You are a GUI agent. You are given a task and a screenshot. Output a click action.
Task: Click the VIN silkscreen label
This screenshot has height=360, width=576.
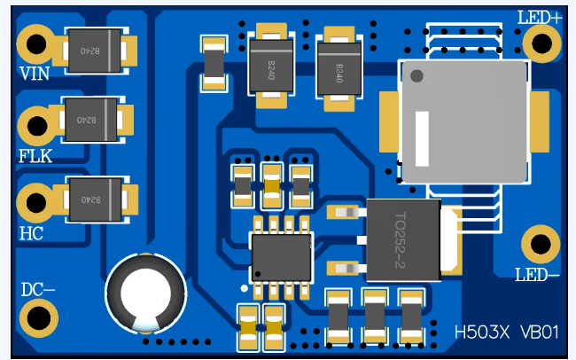click(x=35, y=73)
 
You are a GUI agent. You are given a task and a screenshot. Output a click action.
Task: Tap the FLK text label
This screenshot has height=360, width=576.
click(x=35, y=157)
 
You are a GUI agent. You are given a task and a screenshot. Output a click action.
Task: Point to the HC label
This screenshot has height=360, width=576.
click(x=31, y=235)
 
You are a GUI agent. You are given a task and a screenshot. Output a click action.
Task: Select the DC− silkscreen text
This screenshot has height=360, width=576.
click(x=38, y=290)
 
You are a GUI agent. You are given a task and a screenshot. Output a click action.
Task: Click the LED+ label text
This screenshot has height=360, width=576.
click(x=540, y=16)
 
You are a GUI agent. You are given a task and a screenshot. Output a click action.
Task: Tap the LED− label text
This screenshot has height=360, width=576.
click(x=538, y=274)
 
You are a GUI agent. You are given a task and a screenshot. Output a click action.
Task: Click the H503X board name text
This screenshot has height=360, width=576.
click(x=482, y=333)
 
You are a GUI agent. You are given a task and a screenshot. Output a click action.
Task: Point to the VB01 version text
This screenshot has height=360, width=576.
click(x=540, y=333)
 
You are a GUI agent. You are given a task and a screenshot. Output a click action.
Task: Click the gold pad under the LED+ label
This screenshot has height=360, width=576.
click(x=541, y=42)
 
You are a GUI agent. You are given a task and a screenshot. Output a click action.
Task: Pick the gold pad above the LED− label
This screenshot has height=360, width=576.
click(x=539, y=244)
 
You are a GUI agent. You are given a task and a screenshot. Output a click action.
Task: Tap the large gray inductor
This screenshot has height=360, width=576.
click(x=463, y=121)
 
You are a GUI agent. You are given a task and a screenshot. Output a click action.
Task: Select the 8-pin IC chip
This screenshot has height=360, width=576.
click(x=282, y=258)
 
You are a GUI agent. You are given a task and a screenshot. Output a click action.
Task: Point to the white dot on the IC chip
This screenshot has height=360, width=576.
click(x=259, y=273)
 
